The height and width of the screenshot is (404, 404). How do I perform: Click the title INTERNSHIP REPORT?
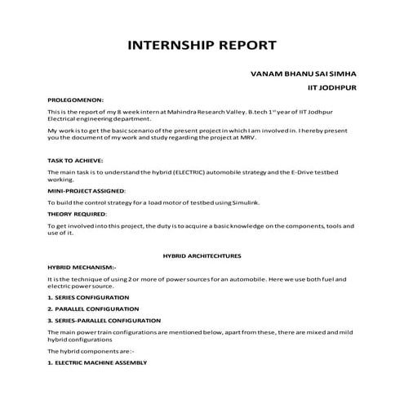point(202,44)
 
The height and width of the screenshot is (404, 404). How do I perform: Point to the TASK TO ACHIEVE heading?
point(74,161)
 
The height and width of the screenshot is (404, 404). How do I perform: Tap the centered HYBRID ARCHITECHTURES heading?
point(202,255)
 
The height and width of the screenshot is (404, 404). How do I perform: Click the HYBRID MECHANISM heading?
point(82,267)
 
